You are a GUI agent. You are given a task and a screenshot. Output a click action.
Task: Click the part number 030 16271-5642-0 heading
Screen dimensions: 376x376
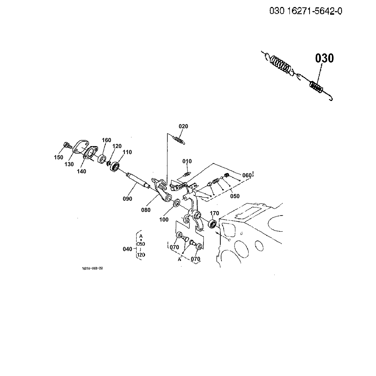pos(306,11)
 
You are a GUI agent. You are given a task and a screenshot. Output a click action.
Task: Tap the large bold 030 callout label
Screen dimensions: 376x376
pos(324,58)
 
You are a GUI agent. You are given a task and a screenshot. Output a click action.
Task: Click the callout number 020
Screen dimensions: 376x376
pos(183,126)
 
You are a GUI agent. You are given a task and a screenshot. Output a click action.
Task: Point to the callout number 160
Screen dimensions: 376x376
pos(106,140)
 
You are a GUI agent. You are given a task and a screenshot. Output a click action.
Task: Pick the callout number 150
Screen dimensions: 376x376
pos(58,158)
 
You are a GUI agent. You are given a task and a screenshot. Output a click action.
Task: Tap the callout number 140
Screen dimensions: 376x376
pos(82,171)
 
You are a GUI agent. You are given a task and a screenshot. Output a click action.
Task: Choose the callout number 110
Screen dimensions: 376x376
pos(127,152)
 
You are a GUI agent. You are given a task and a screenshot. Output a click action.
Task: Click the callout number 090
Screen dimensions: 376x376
pos(127,199)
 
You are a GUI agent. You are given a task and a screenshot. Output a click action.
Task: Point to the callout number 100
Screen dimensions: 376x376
pos(164,220)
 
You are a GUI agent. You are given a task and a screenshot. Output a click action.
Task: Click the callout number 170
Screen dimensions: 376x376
pos(214,213)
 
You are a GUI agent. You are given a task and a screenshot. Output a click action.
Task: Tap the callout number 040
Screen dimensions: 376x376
pos(127,249)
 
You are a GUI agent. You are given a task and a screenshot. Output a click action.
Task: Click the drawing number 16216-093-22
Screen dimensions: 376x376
pos(92,268)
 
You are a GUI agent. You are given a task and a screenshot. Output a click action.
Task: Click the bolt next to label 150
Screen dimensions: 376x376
pos(67,144)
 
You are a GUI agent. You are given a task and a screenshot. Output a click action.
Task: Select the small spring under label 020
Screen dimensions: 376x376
pos(178,140)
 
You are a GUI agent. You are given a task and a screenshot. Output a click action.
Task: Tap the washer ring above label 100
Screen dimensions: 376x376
pos(176,202)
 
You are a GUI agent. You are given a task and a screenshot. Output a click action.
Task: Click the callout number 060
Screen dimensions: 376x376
pos(247,176)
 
